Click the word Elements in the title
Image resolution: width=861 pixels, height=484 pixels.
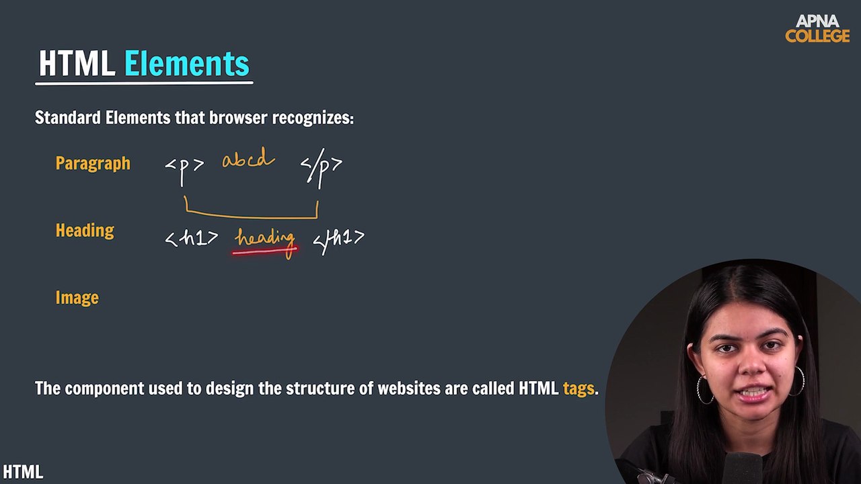(x=186, y=64)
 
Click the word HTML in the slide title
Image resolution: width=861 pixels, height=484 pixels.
(x=77, y=64)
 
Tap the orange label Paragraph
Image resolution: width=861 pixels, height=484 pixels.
(x=93, y=163)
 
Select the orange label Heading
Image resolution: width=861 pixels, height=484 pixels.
(x=85, y=231)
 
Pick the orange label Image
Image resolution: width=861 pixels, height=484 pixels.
(x=77, y=298)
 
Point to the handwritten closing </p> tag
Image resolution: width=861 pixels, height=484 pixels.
(x=321, y=165)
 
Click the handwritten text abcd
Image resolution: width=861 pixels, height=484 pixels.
(x=248, y=160)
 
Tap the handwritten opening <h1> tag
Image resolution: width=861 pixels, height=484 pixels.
(x=192, y=238)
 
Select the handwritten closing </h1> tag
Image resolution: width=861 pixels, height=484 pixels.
(x=338, y=238)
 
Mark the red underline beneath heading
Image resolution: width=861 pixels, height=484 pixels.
(x=264, y=251)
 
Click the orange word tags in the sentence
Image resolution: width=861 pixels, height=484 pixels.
(x=578, y=389)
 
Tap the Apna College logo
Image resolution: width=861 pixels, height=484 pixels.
(x=817, y=29)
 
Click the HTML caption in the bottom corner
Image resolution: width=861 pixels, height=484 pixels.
(x=23, y=472)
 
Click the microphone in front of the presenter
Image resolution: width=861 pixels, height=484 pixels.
(x=744, y=467)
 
